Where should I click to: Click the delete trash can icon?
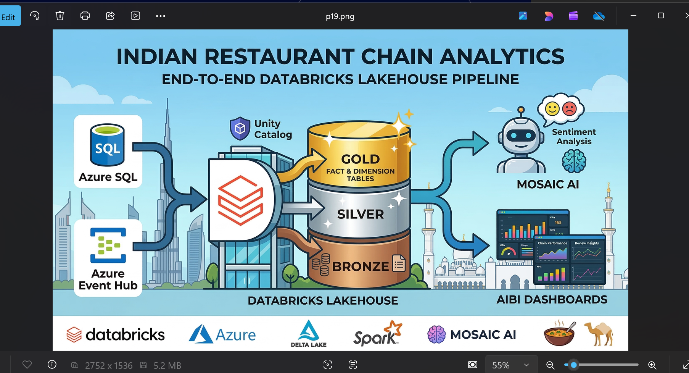pyautogui.click(x=60, y=16)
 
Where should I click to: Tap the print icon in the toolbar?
pyautogui.click(x=85, y=16)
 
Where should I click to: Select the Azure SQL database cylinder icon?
pyautogui.click(x=108, y=145)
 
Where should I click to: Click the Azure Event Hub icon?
pyautogui.click(x=108, y=245)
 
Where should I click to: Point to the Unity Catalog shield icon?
pyautogui.click(x=240, y=129)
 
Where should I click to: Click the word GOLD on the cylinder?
pyautogui.click(x=360, y=159)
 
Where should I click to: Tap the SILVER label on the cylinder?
pyautogui.click(x=360, y=214)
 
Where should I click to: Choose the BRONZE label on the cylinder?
pyautogui.click(x=360, y=266)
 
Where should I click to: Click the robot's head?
pyautogui.click(x=521, y=136)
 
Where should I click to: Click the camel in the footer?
pyautogui.click(x=599, y=333)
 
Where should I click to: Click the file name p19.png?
pyautogui.click(x=340, y=16)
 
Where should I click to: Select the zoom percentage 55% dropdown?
pyautogui.click(x=510, y=365)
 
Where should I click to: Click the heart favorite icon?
pyautogui.click(x=27, y=365)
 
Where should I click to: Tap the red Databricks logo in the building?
pyautogui.click(x=240, y=200)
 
